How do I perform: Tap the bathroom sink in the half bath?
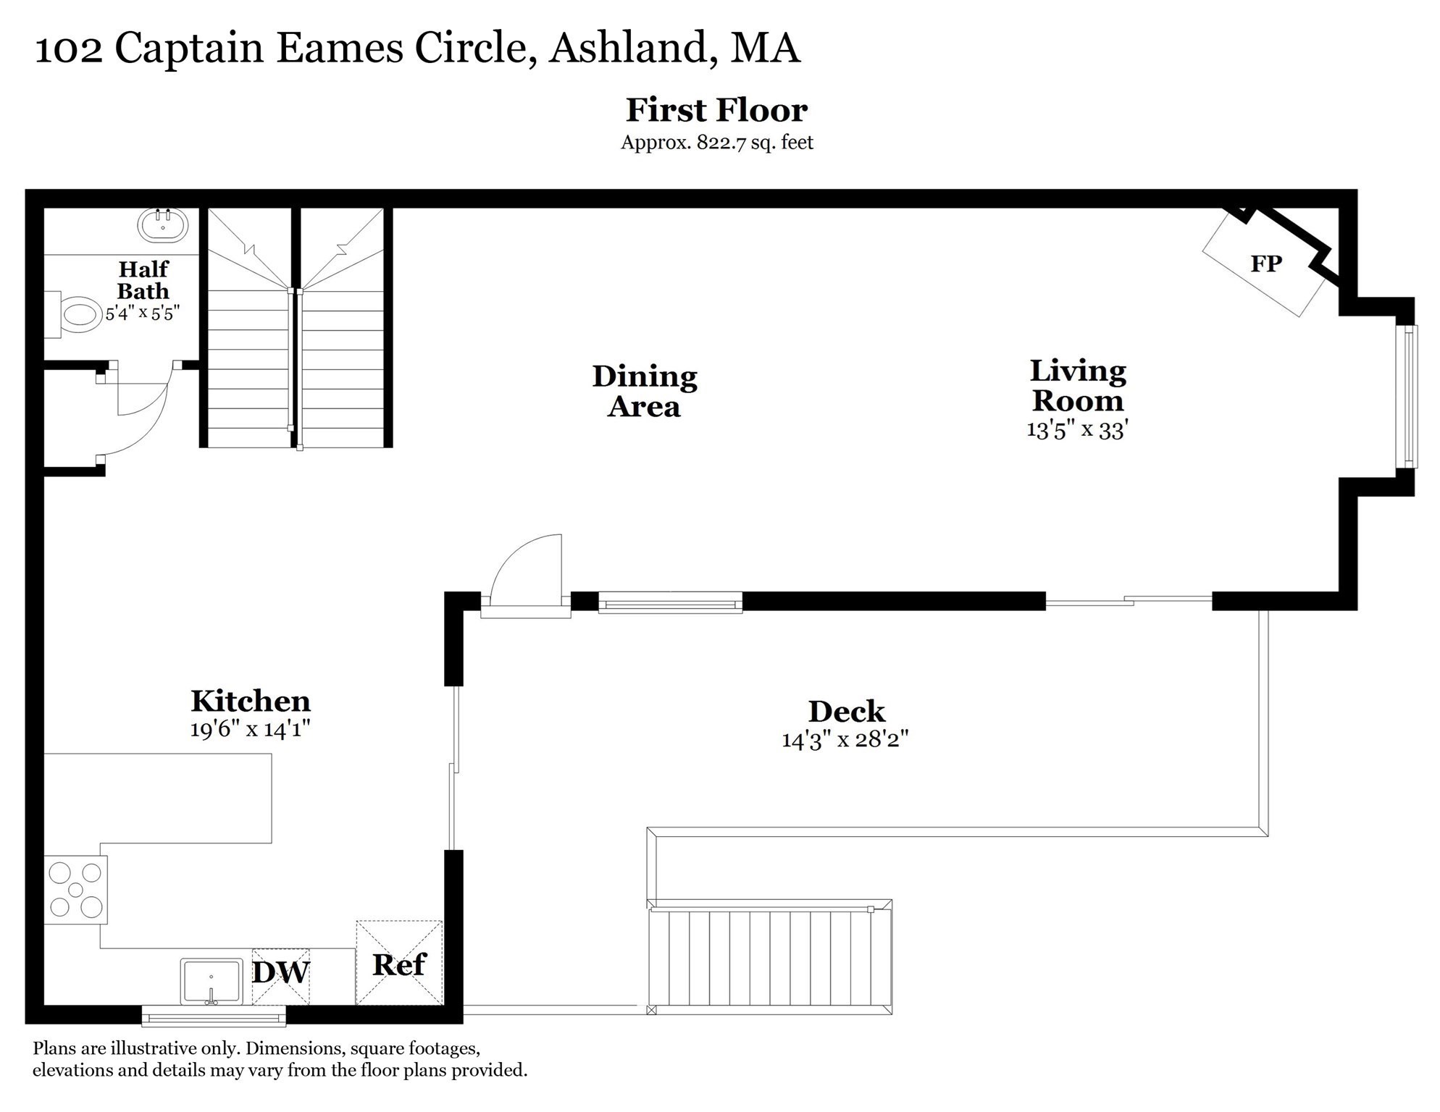pyautogui.click(x=163, y=224)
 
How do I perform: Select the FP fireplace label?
pyautogui.click(x=1265, y=264)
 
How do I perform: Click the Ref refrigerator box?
pyautogui.click(x=399, y=964)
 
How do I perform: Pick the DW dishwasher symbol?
pyautogui.click(x=281, y=974)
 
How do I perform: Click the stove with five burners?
pyautogui.click(x=75, y=890)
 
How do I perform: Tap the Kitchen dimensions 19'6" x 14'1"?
pyautogui.click(x=251, y=729)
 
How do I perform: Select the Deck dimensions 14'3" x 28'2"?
pyautogui.click(x=845, y=740)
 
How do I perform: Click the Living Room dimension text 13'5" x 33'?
pyautogui.click(x=1077, y=430)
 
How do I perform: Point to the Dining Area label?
pyautogui.click(x=644, y=391)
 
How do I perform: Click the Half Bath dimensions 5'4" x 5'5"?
pyautogui.click(x=143, y=313)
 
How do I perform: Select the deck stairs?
pyautogui.click(x=769, y=959)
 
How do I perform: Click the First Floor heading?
pyautogui.click(x=716, y=110)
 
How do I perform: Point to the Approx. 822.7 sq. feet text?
pyautogui.click(x=716, y=143)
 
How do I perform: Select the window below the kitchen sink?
pyautogui.click(x=214, y=1016)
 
